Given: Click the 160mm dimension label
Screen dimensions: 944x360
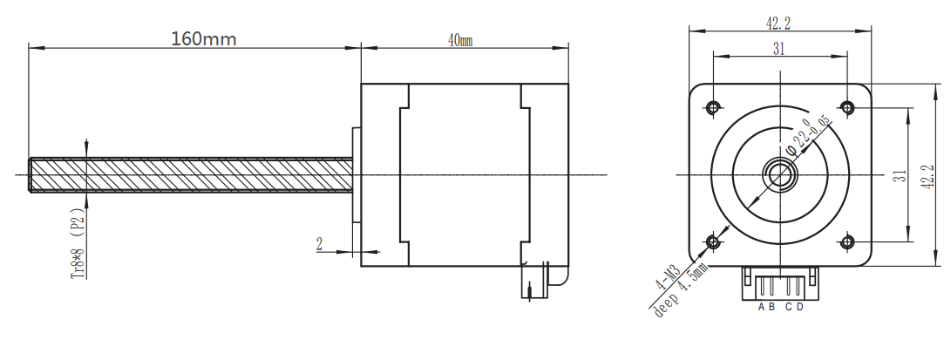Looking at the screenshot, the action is tap(204, 39).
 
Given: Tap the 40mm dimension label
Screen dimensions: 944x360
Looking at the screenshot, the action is tap(460, 40).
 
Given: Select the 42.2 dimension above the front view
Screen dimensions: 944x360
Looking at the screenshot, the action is tap(778, 24).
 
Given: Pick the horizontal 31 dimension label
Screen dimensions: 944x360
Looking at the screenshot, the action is tap(779, 50).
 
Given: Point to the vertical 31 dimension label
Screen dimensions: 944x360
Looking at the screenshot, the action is tap(900, 176).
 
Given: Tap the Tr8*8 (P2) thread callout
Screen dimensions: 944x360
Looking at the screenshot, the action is tap(78, 247).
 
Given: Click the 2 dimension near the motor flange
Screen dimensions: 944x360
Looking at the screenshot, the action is tap(320, 244).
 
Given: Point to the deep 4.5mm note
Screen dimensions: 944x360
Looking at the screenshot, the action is tap(680, 291).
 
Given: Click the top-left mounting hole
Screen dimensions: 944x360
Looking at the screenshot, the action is tap(713, 108).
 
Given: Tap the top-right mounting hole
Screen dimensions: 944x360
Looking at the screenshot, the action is tap(847, 108).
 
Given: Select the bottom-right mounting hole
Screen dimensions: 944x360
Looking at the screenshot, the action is tap(847, 242).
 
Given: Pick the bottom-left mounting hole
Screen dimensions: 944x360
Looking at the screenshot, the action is tap(713, 242).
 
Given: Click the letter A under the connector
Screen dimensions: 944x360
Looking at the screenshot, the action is tap(762, 307).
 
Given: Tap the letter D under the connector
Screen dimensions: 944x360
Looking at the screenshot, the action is tap(800, 307).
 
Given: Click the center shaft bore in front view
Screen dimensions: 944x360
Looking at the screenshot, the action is tap(780, 175).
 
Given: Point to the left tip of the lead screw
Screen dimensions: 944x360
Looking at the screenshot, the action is tap(30, 175).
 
